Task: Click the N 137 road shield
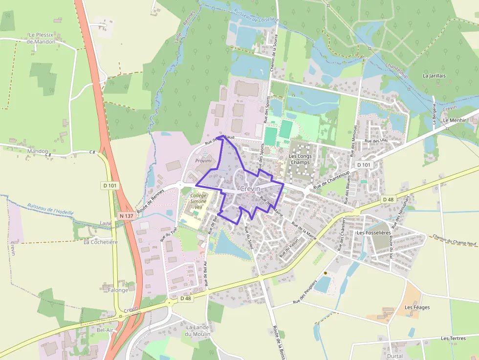126,215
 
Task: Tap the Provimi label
203,161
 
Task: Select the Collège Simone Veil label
198,201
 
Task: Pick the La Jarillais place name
435,76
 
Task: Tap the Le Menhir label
452,120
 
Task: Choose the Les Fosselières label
374,233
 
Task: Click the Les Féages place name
417,307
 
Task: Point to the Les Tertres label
453,338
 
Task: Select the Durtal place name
394,356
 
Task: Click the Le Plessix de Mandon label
41,38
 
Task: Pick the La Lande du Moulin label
198,331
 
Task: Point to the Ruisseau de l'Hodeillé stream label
50,209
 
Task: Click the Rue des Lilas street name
376,141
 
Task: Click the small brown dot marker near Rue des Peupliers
325,273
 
